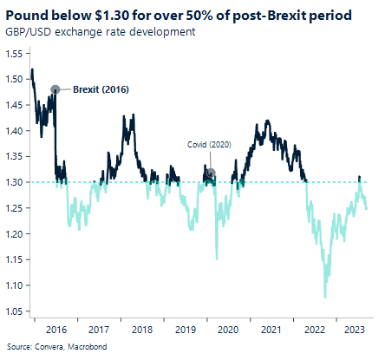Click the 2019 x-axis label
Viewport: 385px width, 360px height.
click(x=185, y=330)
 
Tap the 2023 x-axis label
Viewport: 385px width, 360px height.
click(x=355, y=330)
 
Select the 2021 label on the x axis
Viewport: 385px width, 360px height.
click(x=270, y=330)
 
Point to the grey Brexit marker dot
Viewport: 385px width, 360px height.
click(x=55, y=88)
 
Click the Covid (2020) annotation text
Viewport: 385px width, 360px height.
click(x=209, y=146)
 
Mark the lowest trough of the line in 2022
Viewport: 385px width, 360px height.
click(x=325, y=298)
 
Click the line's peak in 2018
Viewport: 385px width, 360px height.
click(x=129, y=115)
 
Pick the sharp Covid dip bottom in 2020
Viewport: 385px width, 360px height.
click(x=216, y=259)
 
